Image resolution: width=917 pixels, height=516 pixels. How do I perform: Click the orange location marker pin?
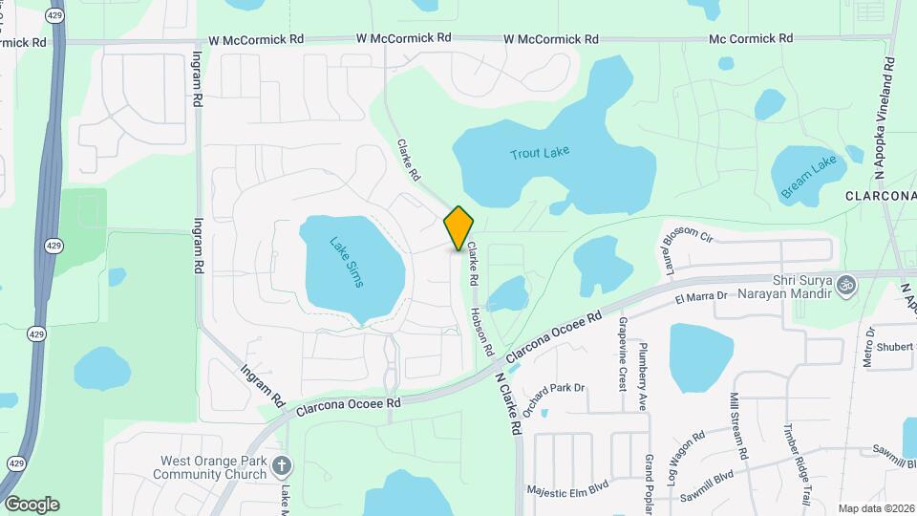click(x=458, y=227)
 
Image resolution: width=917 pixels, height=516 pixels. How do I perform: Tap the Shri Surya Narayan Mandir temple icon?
click(x=844, y=284)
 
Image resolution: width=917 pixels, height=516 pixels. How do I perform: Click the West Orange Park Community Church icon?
click(x=281, y=465)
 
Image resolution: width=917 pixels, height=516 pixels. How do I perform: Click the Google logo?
click(x=31, y=504)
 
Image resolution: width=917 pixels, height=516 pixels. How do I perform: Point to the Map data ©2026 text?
click(x=875, y=508)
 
